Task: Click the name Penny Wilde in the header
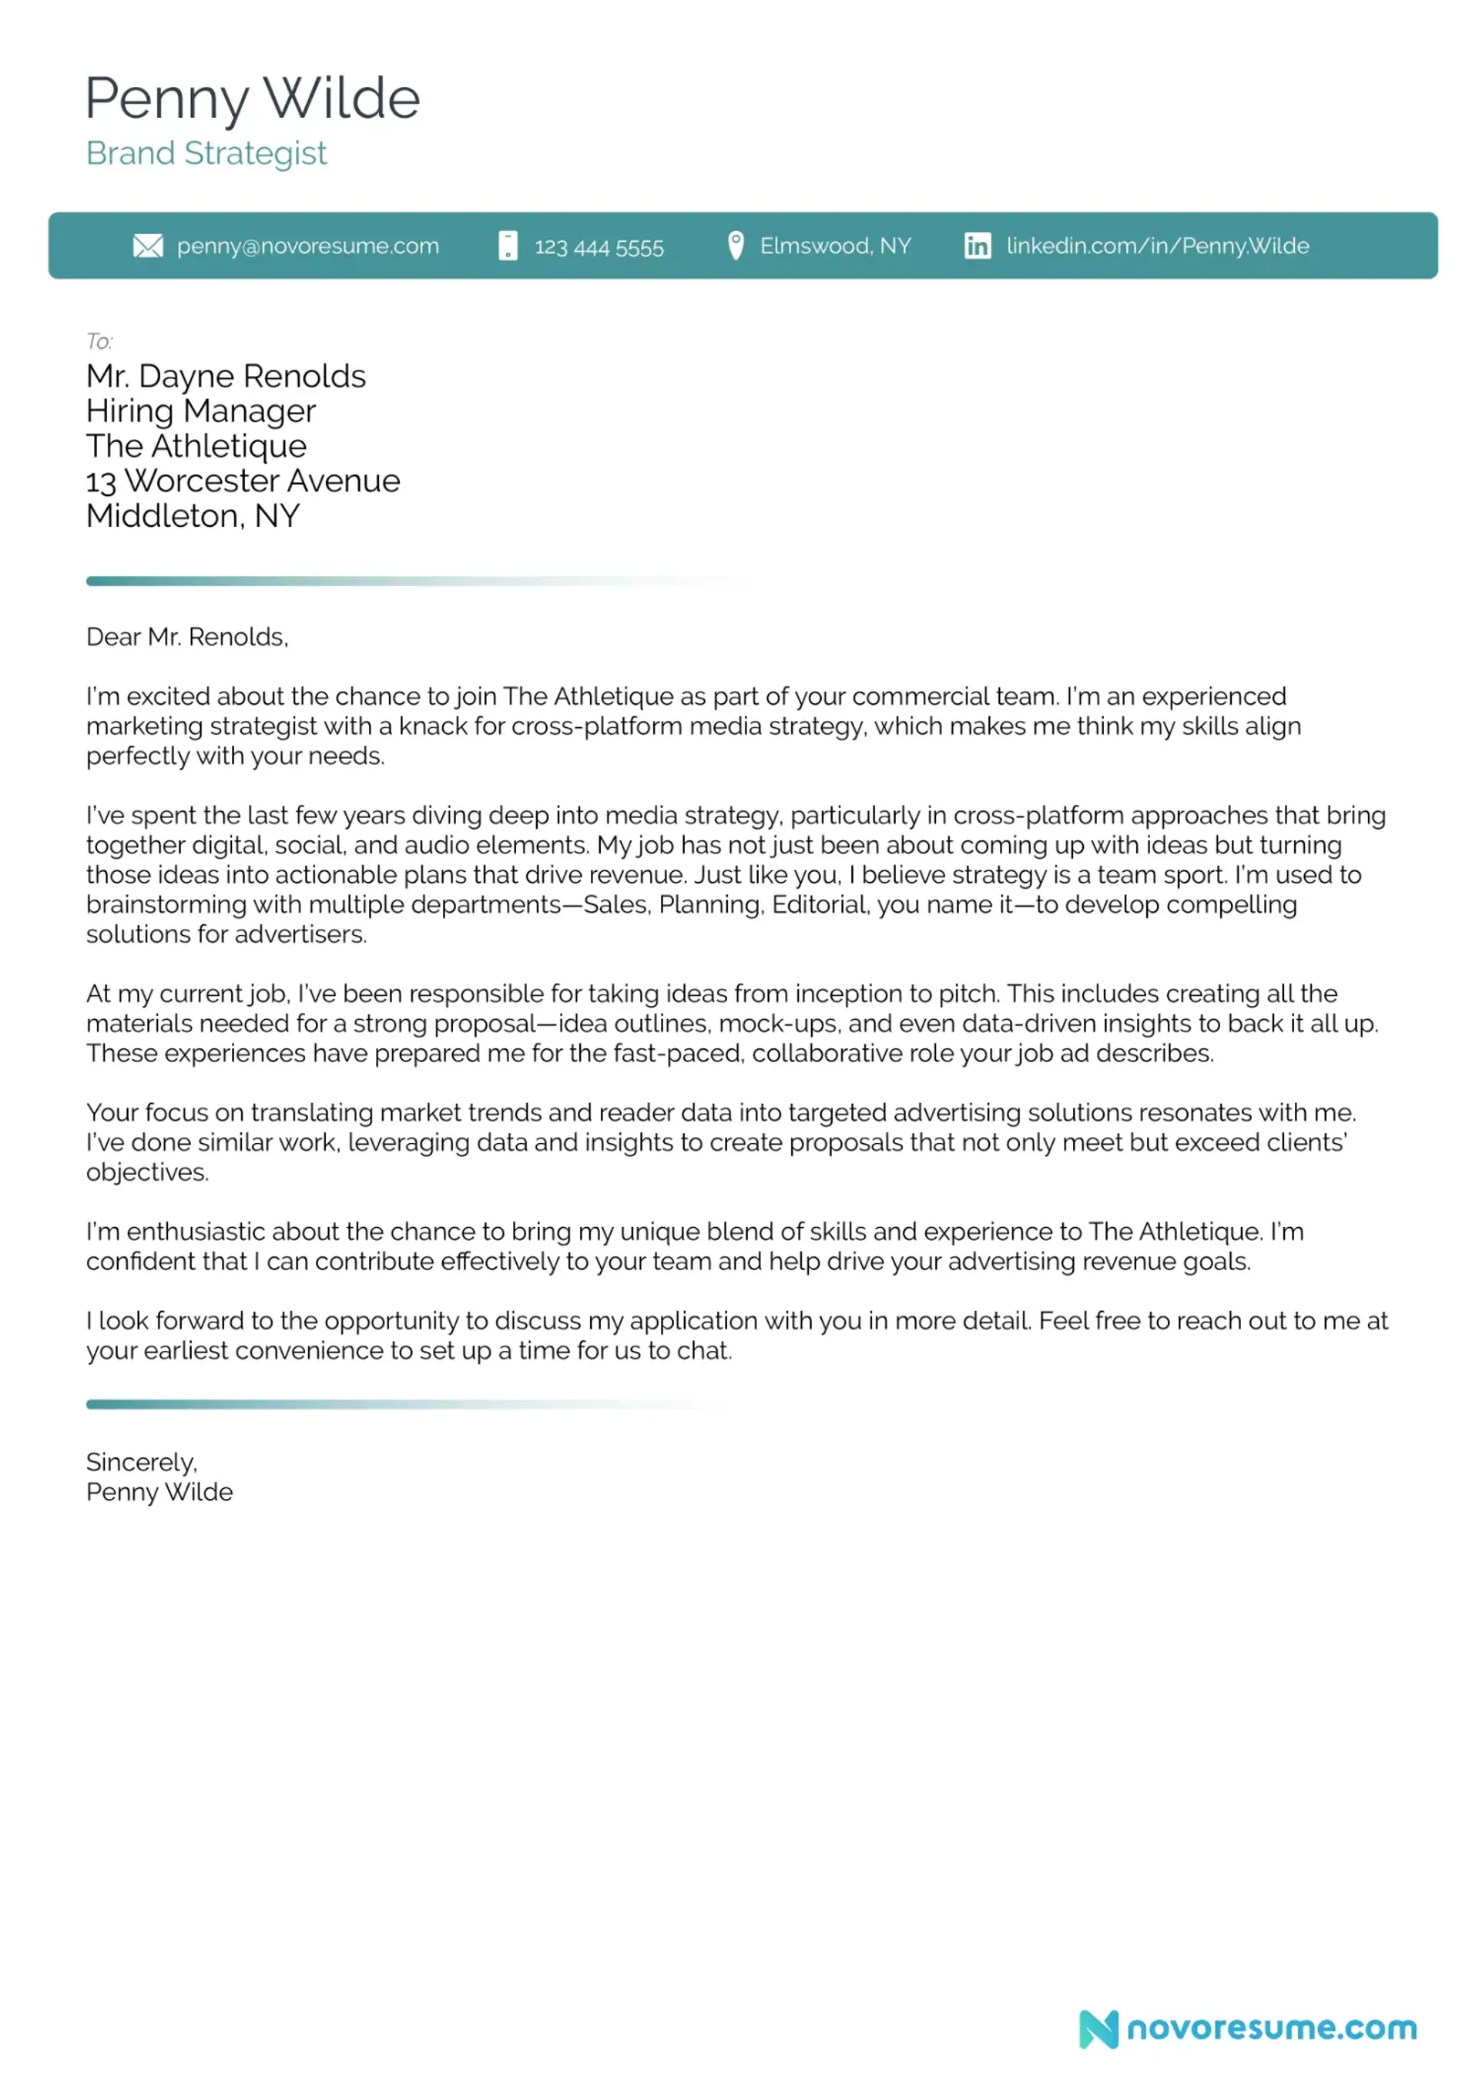click(x=253, y=99)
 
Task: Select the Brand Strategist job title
click(x=206, y=153)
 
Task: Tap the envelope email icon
click(x=148, y=246)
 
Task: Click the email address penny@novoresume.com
click(x=307, y=246)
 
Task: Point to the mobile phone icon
click(x=508, y=246)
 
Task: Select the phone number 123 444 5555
click(x=599, y=247)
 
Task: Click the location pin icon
click(x=736, y=245)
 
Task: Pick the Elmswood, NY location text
click(x=835, y=246)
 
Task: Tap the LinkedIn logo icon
click(x=977, y=246)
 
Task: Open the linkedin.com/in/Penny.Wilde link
click(x=1157, y=246)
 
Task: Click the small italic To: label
click(x=99, y=342)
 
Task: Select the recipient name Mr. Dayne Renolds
click(x=226, y=377)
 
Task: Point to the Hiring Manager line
click(x=200, y=411)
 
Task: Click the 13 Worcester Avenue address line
click(x=243, y=481)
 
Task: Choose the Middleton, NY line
click(x=193, y=517)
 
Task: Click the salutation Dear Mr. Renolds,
click(x=187, y=637)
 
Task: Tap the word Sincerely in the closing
click(x=141, y=1463)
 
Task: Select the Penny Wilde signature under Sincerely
click(x=159, y=1493)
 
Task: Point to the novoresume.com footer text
click(x=1271, y=2029)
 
